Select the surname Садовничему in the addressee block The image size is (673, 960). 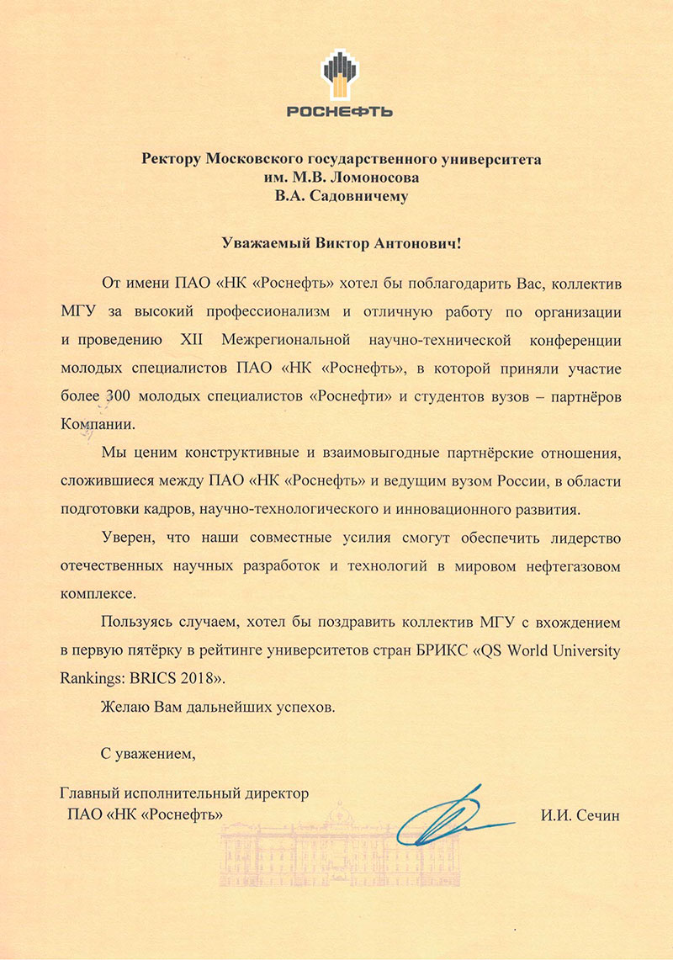[x=363, y=197]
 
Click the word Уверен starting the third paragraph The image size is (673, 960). [x=129, y=538]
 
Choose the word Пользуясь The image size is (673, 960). [x=138, y=622]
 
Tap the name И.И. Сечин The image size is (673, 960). [x=581, y=814]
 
